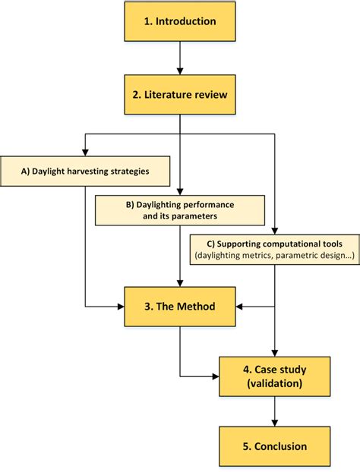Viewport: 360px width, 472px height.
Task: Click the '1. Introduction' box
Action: pyautogui.click(x=180, y=21)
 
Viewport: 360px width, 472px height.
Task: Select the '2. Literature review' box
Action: pyautogui.click(x=180, y=95)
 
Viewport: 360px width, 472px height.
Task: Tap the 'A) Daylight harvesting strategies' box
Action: pyautogui.click(x=85, y=171)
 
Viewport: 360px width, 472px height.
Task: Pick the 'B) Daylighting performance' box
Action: pyautogui.click(x=179, y=210)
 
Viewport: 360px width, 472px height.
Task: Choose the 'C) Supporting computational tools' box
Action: pyautogui.click(x=273, y=250)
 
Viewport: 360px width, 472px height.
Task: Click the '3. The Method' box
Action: pyautogui.click(x=180, y=307)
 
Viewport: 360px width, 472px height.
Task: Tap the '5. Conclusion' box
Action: pyautogui.click(x=273, y=446)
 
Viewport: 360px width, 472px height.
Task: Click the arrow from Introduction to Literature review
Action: pyautogui.click(x=180, y=58)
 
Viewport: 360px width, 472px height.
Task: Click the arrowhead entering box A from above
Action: pyautogui.click(x=85, y=152)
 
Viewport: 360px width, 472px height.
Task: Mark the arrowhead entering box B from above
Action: pyautogui.click(x=180, y=190)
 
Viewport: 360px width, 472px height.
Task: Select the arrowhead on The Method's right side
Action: pyautogui.click(x=240, y=307)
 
